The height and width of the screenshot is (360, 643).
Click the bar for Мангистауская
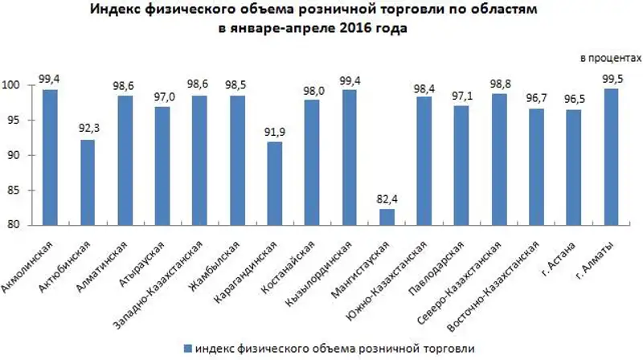(x=387, y=217)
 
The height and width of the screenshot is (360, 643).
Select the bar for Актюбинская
(x=88, y=182)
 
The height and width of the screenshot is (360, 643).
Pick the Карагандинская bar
(x=275, y=183)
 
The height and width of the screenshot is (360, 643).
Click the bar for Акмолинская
(x=50, y=157)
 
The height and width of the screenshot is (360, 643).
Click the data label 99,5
(x=612, y=79)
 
